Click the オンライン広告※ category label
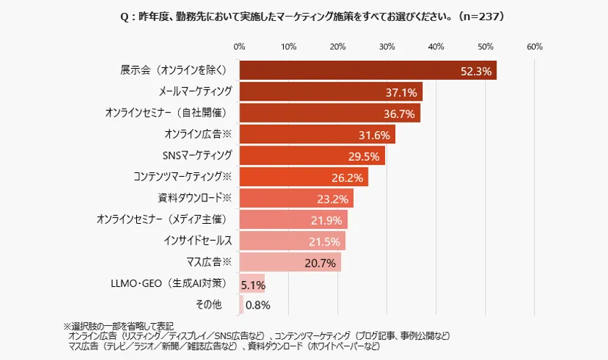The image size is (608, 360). [198, 134]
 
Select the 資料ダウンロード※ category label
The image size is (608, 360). [195, 197]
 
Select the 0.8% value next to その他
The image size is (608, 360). [258, 305]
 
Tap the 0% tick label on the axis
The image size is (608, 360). [240, 46]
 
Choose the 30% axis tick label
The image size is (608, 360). [387, 46]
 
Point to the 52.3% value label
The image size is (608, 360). [476, 71]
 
